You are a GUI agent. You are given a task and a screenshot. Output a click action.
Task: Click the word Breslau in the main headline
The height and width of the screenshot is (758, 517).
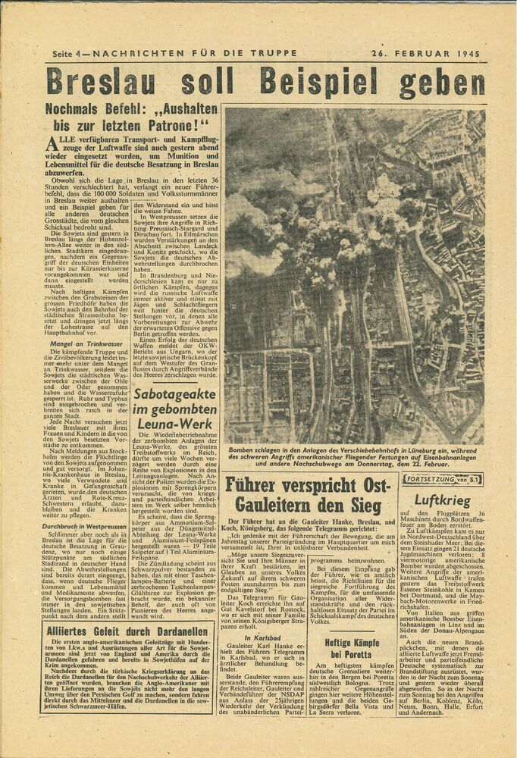(x=102, y=83)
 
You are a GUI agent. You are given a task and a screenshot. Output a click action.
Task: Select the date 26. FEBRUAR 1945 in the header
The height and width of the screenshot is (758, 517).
(x=431, y=55)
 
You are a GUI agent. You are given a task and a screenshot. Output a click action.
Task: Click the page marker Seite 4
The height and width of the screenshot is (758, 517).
(x=69, y=55)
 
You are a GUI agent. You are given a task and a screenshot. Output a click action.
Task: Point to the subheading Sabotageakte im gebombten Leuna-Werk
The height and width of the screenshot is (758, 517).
(x=174, y=409)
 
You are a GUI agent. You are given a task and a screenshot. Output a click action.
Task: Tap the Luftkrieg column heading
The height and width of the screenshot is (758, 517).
(x=442, y=502)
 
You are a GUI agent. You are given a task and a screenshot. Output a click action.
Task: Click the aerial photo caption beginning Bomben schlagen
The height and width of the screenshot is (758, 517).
(x=353, y=455)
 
